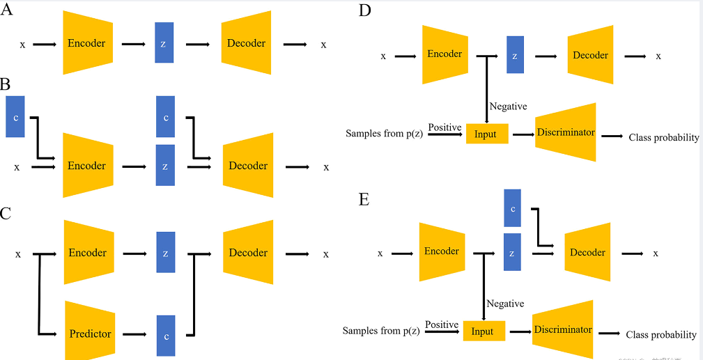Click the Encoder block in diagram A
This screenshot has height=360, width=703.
point(87,43)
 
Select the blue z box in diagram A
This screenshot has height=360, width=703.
point(164,43)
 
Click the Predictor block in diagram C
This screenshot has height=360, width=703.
point(90,334)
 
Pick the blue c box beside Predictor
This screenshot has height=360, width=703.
point(166,334)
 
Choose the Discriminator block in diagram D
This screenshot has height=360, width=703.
point(566,132)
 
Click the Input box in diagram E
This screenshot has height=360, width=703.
point(482,331)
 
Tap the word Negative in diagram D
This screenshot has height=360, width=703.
point(508,107)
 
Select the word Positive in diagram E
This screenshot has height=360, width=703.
point(442,325)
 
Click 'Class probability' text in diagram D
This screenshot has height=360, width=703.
point(663,138)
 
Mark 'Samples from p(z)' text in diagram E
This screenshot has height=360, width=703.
point(381,331)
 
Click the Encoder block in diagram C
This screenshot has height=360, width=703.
point(87,253)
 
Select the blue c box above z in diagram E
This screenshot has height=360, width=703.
point(512,208)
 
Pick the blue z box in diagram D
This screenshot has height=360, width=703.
point(515,55)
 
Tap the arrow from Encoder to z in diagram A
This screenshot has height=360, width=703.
point(133,44)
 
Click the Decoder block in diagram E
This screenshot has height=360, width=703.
point(587,252)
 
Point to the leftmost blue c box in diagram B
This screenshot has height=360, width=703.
point(15,117)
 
